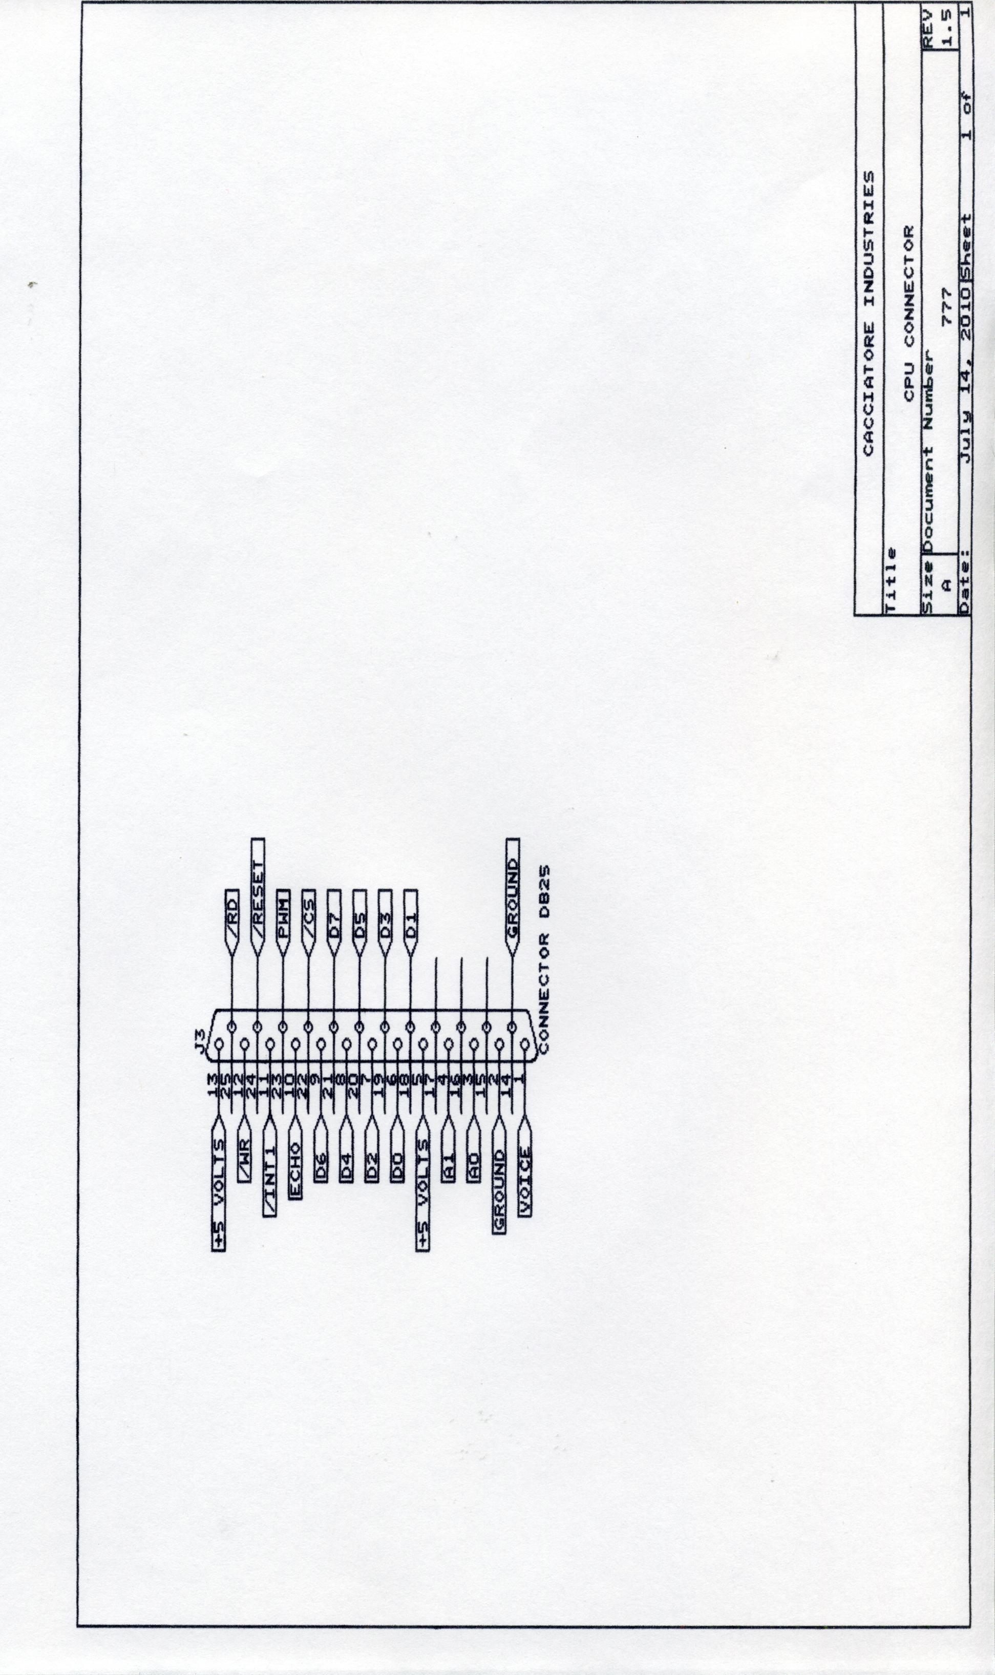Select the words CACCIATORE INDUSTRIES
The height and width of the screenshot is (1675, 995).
(x=869, y=314)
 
